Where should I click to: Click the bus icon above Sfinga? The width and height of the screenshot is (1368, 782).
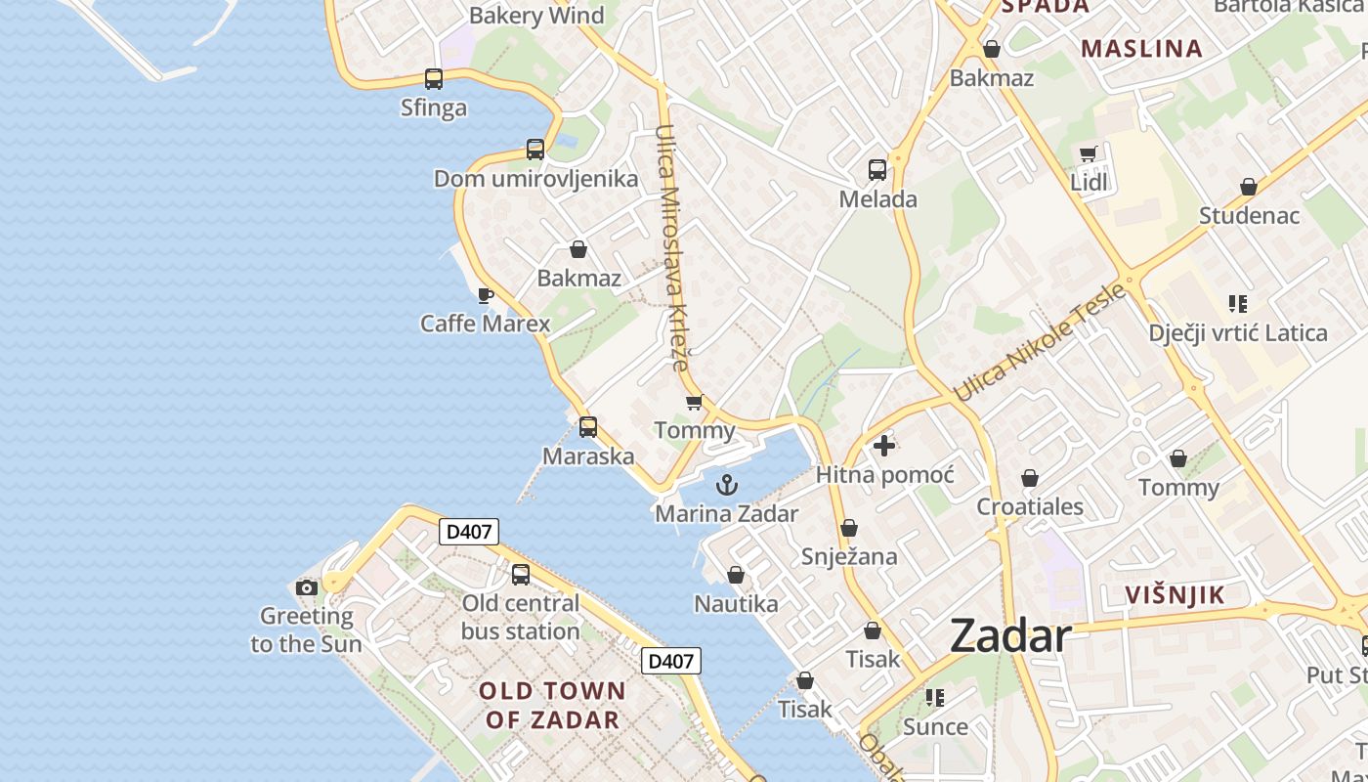[x=434, y=79]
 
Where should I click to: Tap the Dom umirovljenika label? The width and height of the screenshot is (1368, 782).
[x=535, y=179]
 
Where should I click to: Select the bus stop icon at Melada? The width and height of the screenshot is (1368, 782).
[x=877, y=170]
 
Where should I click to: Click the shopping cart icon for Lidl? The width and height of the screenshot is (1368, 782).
[x=1089, y=153]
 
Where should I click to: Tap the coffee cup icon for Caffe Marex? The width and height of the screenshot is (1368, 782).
[x=485, y=295]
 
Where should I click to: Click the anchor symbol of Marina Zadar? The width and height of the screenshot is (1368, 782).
[x=727, y=485]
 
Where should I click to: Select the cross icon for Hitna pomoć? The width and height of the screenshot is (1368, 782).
[x=884, y=447]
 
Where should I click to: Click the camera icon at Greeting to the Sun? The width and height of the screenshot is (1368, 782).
[x=307, y=587]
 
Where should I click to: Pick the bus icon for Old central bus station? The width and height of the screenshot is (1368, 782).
[x=521, y=575]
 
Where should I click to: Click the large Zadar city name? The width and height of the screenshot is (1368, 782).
[x=1010, y=636]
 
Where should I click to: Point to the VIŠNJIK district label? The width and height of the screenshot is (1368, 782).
[x=1175, y=595]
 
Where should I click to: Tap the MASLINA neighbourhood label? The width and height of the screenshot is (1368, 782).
[x=1141, y=49]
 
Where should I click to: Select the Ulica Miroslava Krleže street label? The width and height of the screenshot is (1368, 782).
[x=673, y=247]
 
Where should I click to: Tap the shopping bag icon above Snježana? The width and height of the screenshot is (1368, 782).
[x=849, y=528]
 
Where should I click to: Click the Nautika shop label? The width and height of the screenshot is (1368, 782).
[x=736, y=604]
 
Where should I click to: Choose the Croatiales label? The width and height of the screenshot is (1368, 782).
[x=1030, y=506]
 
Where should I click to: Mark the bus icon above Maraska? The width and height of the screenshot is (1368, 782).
[x=588, y=427]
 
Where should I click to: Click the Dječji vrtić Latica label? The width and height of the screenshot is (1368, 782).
[x=1238, y=333]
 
